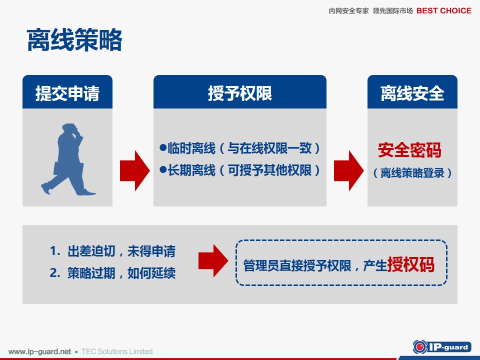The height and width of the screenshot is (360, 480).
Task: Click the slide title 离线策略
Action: tap(74, 40)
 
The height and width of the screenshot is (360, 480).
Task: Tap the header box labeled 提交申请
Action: tap(67, 92)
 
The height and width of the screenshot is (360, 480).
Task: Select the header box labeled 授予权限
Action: tap(239, 92)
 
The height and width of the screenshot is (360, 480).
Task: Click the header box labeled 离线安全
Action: tap(412, 92)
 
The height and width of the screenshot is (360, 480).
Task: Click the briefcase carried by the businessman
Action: tap(68, 168)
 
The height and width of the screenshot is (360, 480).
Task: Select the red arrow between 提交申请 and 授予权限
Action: tap(134, 170)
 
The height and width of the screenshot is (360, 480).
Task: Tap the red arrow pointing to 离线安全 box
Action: tap(348, 170)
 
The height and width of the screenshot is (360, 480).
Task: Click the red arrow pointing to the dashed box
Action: tap(213, 261)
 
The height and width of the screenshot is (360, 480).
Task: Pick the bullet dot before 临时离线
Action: tap(163, 147)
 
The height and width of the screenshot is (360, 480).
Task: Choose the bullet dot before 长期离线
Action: tap(163, 169)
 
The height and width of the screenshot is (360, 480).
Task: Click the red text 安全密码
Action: tap(409, 150)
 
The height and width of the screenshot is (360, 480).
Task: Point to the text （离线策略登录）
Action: tap(412, 173)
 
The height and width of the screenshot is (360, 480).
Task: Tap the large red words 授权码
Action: tap(411, 264)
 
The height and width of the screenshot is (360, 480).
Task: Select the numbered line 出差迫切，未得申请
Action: tap(112, 251)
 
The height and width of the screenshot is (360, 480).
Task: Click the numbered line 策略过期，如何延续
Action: tap(112, 273)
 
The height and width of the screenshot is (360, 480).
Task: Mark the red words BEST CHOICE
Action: tap(444, 10)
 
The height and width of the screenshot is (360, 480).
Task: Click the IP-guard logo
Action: tap(441, 347)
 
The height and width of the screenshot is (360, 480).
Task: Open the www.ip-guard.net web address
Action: tap(40, 351)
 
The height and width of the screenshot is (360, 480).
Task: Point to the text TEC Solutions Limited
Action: tap(117, 351)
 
